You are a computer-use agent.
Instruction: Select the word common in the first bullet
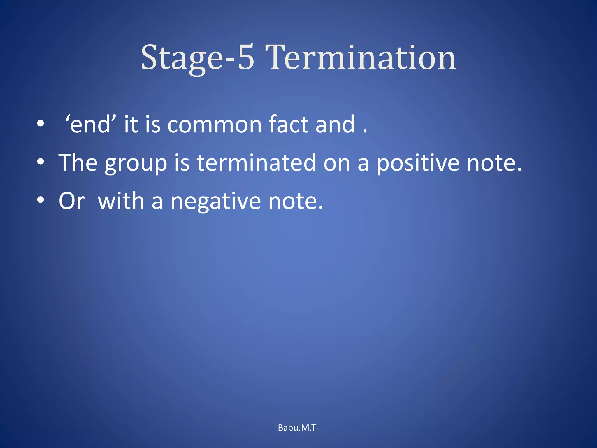tap(215, 125)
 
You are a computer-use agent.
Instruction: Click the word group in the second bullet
tap(136, 163)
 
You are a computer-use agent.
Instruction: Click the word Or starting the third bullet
tap(72, 201)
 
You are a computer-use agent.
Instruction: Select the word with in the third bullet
tap(121, 201)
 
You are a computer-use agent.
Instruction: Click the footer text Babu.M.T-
tap(298, 428)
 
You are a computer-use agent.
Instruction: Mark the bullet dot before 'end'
tap(41, 124)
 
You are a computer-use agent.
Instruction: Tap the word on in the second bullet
tap(336, 163)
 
